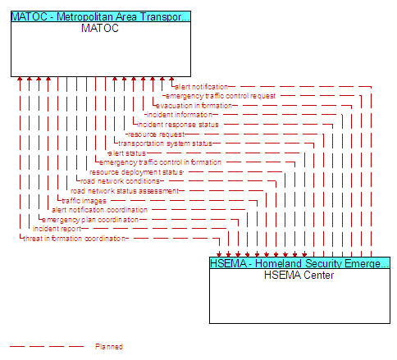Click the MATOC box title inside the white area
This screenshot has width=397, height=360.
coord(100,29)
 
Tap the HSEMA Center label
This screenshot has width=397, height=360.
coord(299,275)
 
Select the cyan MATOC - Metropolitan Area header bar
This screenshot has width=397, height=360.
coord(101,16)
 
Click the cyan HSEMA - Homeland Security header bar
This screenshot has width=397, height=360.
coord(299,263)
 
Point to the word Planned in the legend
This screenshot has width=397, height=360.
coord(109,347)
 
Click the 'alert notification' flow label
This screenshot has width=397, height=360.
coord(201,87)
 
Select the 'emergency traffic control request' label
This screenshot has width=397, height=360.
coord(221,96)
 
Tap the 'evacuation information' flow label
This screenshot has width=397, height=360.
coord(194,106)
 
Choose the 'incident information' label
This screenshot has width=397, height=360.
coord(180,115)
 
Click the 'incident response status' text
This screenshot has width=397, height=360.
coord(178,125)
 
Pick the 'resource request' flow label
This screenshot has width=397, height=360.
coord(157,134)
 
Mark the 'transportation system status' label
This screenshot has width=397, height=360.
coord(165,144)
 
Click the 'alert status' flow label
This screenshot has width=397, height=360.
coord(127,153)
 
